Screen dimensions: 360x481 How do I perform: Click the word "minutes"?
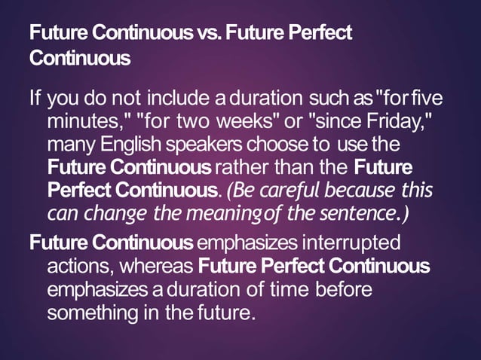pos(82,121)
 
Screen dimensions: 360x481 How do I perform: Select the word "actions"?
pos(81,267)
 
